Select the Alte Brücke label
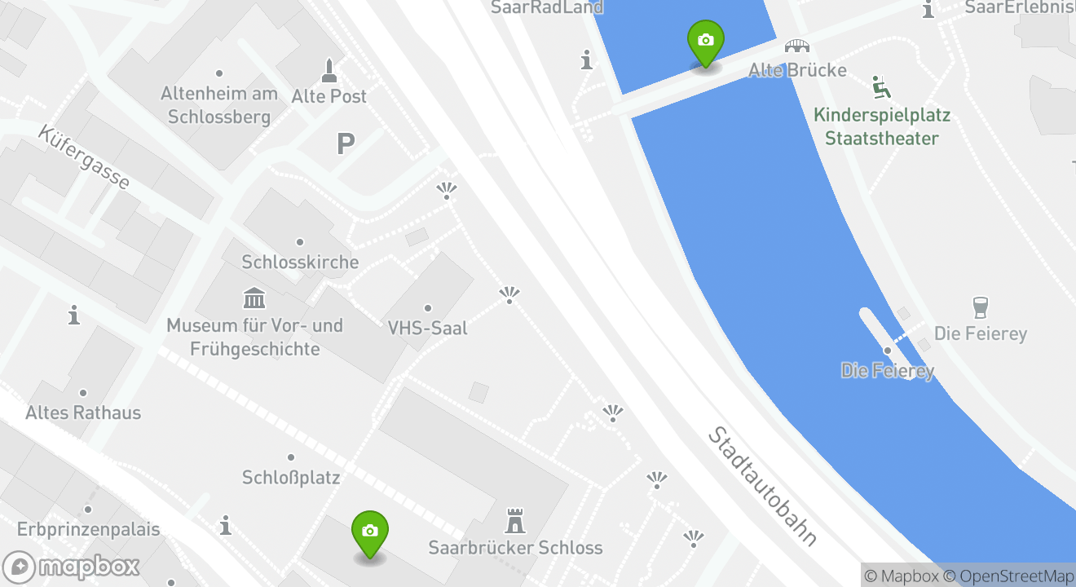797,70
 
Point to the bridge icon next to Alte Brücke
796,46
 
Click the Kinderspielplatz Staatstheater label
882,126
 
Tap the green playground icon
881,86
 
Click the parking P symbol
346,145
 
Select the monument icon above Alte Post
329,70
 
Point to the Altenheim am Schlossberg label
219,105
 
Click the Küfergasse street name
83,157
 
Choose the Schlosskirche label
300,262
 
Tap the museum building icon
254,298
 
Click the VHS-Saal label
428,328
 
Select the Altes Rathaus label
83,413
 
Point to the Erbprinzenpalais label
88,529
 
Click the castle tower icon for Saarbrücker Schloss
515,520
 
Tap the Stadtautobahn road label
761,486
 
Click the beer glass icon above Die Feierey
981,308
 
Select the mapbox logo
72,566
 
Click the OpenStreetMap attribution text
1016,576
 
